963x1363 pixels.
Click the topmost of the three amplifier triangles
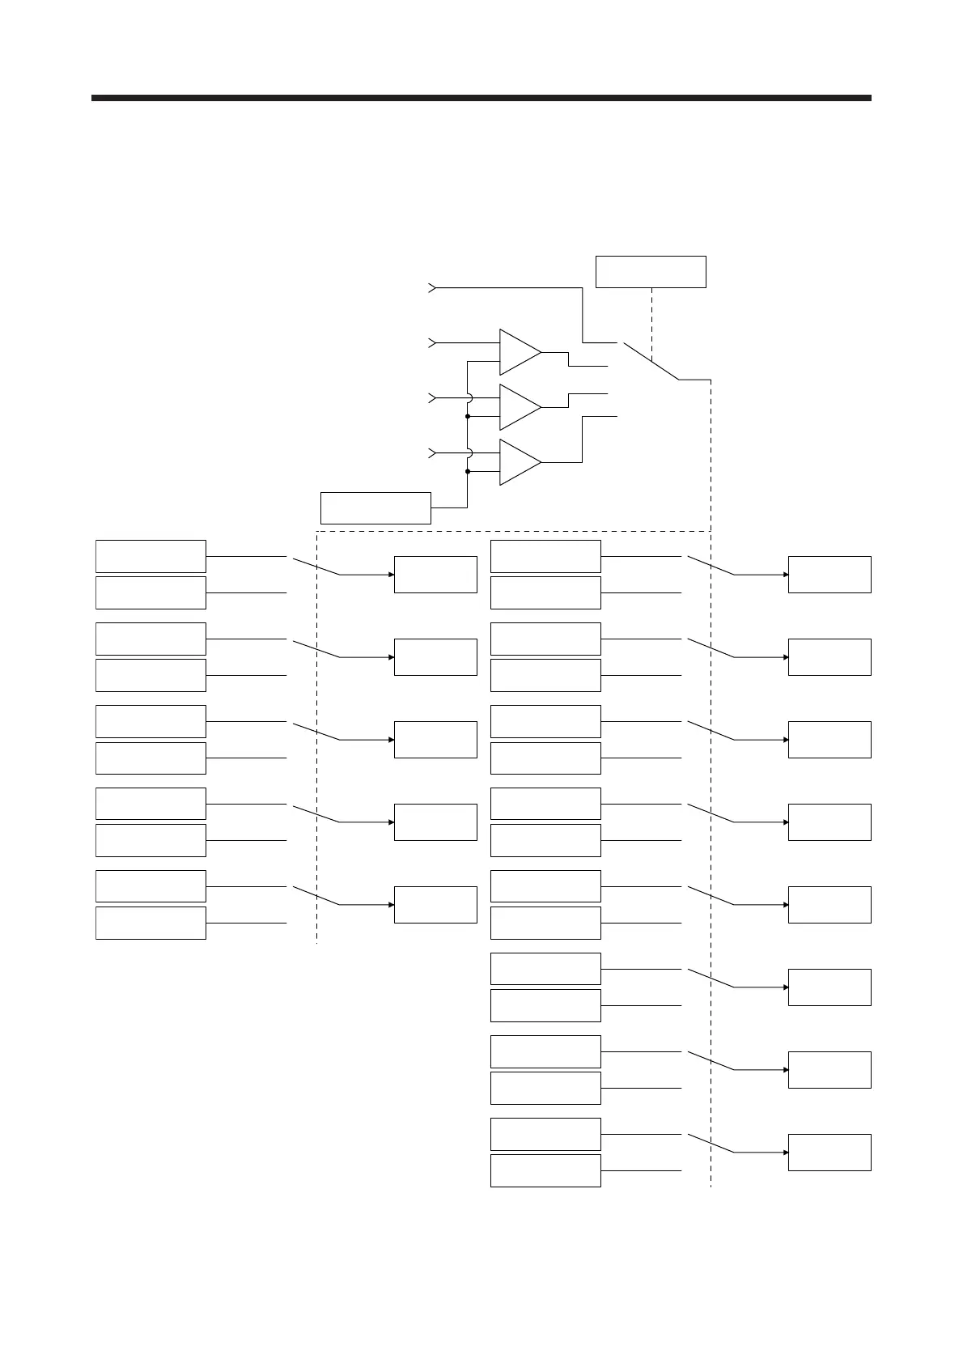point(518,352)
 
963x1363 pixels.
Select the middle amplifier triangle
point(518,407)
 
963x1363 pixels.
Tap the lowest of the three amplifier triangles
point(518,462)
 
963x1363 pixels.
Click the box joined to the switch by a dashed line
point(651,272)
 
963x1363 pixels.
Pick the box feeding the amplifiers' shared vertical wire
point(375,507)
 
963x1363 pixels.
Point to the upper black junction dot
point(468,416)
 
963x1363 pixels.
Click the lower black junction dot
point(468,471)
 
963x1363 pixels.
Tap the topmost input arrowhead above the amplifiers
point(432,287)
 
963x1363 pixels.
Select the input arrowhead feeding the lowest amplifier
point(432,452)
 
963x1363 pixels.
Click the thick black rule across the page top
point(481,98)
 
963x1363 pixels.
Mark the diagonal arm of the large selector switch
point(651,361)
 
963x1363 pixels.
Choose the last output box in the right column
point(829,1152)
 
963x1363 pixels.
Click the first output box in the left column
point(435,575)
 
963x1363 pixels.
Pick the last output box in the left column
point(435,905)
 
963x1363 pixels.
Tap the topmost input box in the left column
point(151,556)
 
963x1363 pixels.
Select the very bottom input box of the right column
point(545,1170)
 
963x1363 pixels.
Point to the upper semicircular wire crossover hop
point(469,397)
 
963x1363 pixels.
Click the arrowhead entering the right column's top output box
point(785,575)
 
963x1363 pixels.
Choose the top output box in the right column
point(829,575)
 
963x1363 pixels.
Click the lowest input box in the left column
point(151,923)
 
